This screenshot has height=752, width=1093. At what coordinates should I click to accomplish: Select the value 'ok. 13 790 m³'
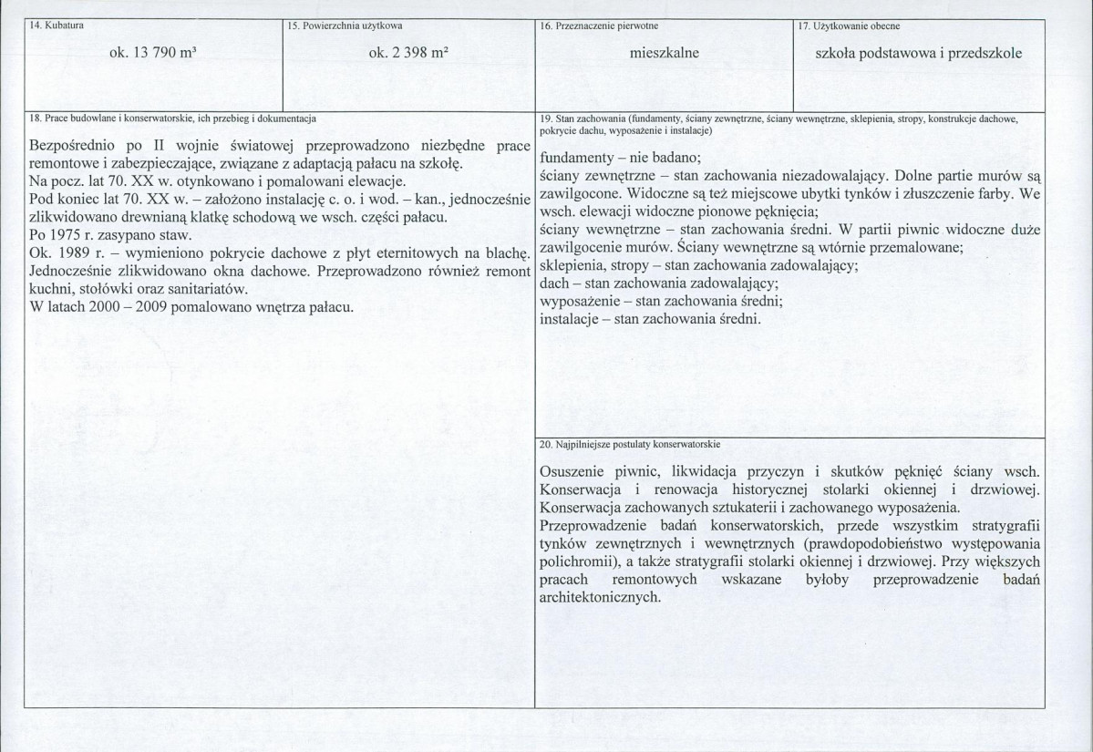pyautogui.click(x=153, y=54)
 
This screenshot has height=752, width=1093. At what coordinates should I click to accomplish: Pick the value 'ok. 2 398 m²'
pyautogui.click(x=408, y=54)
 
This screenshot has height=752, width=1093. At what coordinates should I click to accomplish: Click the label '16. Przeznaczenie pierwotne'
pyautogui.click(x=599, y=27)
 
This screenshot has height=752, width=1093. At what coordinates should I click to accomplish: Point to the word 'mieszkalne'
pyautogui.click(x=664, y=54)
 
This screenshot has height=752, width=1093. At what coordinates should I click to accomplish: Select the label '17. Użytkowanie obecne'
pyautogui.click(x=850, y=27)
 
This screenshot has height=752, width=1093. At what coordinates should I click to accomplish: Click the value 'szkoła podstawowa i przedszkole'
pyautogui.click(x=919, y=54)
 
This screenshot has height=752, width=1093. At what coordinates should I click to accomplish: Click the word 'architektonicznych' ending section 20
pyautogui.click(x=598, y=599)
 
